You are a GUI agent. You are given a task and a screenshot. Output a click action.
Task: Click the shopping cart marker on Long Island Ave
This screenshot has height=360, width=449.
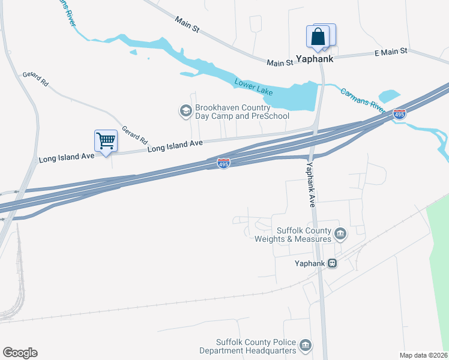click(106, 142)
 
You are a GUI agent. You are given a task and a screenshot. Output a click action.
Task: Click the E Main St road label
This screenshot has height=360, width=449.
click(391, 52)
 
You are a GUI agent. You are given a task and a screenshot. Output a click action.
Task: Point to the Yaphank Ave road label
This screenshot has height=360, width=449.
click(310, 185)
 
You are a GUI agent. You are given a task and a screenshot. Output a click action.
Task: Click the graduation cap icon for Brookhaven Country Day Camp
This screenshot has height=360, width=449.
click(185, 110)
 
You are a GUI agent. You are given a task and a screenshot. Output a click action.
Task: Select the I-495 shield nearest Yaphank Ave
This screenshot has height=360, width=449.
click(223, 163)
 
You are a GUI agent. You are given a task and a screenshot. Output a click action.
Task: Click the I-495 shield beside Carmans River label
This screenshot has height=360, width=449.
click(399, 113)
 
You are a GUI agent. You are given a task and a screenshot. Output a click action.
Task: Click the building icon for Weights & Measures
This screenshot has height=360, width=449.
click(340, 233)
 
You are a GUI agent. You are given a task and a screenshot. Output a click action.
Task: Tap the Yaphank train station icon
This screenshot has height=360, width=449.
click(332, 263)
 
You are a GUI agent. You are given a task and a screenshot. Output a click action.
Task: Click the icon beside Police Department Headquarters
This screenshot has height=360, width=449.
click(306, 346)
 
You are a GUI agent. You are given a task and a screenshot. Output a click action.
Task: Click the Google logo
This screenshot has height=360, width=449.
click(20, 353)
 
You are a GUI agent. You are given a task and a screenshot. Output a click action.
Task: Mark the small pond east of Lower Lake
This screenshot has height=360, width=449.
click(389, 96)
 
